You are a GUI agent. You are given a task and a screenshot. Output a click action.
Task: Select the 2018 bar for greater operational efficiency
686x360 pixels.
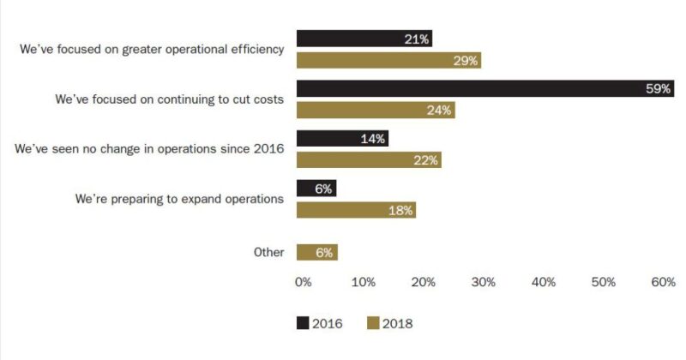388,60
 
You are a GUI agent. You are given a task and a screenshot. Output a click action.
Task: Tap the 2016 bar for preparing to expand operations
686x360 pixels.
316,189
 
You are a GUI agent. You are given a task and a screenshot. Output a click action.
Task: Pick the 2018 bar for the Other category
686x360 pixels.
316,252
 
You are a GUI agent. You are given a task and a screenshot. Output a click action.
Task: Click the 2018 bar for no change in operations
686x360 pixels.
368,159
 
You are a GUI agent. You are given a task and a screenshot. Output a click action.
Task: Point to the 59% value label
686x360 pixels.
658,89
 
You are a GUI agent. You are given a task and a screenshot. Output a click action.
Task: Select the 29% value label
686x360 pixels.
465,60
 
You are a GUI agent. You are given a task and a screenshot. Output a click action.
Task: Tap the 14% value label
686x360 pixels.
373,139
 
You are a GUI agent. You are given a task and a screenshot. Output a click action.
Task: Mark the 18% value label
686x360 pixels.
401,210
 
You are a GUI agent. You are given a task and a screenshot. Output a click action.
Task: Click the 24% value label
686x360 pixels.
439,111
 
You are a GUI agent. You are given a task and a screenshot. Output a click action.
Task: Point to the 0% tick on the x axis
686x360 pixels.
303,282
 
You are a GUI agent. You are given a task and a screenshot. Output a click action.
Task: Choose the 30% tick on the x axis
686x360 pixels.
483,282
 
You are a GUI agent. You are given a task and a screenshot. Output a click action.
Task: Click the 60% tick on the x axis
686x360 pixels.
663,282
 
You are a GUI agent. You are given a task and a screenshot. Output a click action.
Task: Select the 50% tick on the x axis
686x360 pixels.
603,282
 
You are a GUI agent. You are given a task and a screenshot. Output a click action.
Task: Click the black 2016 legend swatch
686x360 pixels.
302,323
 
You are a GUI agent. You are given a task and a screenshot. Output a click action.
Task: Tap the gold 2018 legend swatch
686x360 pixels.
372,323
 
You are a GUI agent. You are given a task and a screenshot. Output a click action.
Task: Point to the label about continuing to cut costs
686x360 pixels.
169,99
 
